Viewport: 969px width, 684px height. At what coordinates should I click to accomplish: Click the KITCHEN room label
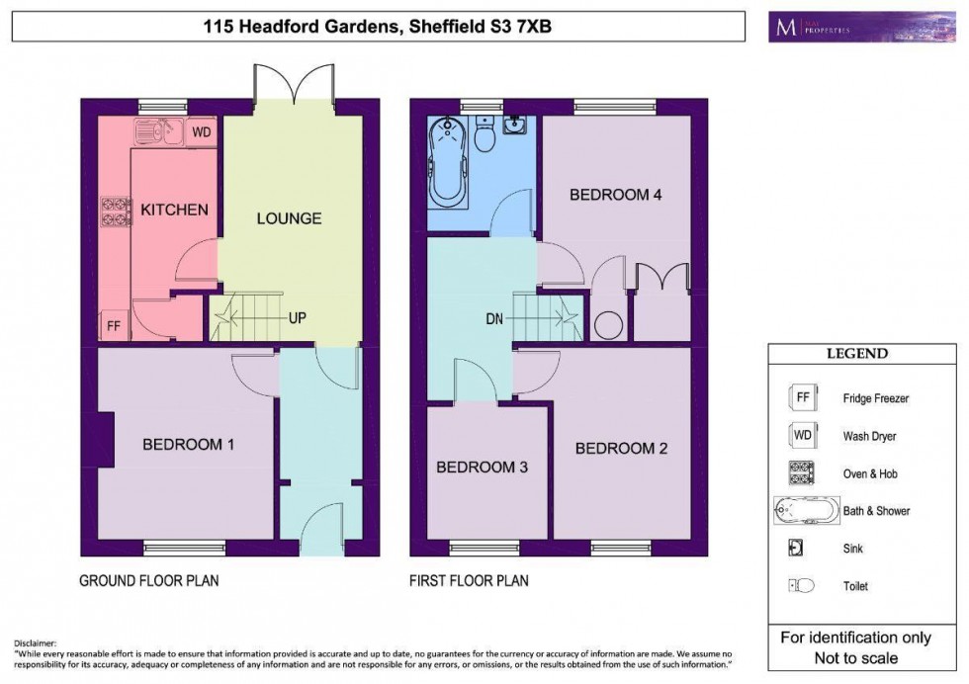pos(174,210)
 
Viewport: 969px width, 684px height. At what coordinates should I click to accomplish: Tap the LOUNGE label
pos(289,217)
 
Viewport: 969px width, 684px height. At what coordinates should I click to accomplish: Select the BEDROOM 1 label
pos(188,445)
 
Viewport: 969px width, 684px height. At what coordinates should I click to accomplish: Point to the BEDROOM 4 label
pos(615,195)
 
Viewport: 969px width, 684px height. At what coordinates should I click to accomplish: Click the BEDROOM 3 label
pos(483,467)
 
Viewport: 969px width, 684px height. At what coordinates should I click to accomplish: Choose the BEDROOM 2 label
pos(621,448)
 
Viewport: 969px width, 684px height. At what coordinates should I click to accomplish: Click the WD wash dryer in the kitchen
pos(201,131)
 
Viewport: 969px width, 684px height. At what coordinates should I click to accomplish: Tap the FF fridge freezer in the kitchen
pos(113,326)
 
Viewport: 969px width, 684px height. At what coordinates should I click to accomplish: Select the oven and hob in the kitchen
pos(116,211)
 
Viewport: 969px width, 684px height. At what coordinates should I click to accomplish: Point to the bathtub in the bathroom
pos(448,161)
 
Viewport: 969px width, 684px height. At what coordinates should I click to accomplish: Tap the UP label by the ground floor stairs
pos(297,318)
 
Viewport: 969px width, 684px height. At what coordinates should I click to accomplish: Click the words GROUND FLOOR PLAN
pos(148,581)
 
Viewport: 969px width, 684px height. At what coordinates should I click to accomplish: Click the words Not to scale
pos(856,658)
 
